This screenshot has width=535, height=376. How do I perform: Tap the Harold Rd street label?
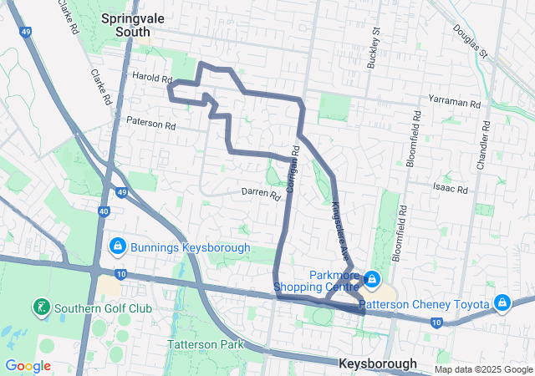[151, 77]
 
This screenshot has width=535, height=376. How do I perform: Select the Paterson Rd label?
[151, 122]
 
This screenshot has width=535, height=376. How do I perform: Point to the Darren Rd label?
[261, 194]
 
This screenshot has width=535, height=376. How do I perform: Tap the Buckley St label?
[374, 51]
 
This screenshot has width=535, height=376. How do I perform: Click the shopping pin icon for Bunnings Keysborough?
[118, 246]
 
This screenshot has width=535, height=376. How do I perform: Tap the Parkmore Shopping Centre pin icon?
[370, 278]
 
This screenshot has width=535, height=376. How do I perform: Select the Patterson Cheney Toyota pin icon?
[502, 302]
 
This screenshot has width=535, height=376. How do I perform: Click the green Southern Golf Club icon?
[40, 307]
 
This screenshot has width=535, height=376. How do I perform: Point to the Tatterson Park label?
[205, 344]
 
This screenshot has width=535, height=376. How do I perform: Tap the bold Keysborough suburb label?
[378, 363]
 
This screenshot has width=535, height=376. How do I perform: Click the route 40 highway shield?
[104, 213]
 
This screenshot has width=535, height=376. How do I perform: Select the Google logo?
[28, 366]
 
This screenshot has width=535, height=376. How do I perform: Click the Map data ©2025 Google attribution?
[482, 369]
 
